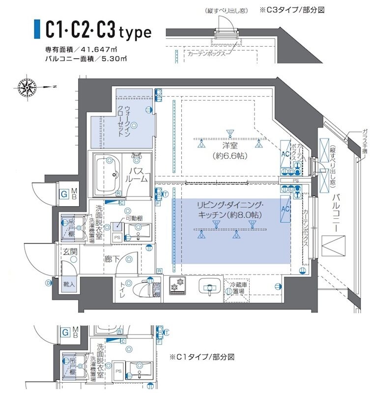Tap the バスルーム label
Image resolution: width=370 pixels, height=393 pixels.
click(138, 175)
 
